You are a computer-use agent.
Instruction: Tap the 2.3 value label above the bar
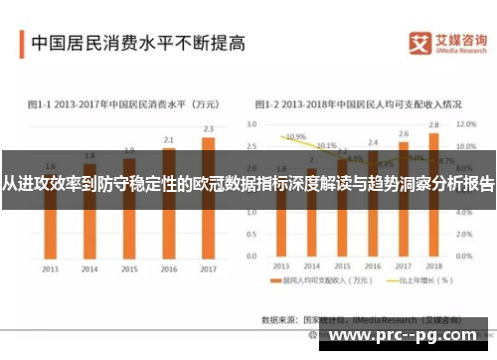coord(208,128)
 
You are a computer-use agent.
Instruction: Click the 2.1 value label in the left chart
coord(169,139)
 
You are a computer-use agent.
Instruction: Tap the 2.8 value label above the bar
coord(433,124)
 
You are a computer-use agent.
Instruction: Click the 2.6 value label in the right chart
coord(404,132)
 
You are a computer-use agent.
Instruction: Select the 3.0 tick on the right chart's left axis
coord(251,124)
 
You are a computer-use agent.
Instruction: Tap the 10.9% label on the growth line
coord(294,136)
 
